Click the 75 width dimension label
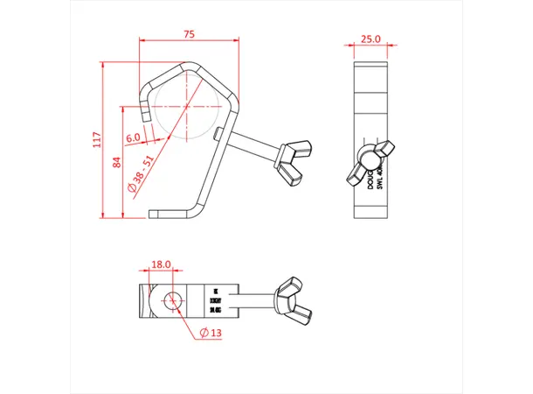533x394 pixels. point(189,33)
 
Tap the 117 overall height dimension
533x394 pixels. point(97,139)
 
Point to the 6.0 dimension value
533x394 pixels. point(133,138)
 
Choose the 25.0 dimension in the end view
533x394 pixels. point(371,39)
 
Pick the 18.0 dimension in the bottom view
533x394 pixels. point(162,263)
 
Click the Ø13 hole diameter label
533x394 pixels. point(211,333)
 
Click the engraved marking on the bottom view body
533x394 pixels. point(216,297)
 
